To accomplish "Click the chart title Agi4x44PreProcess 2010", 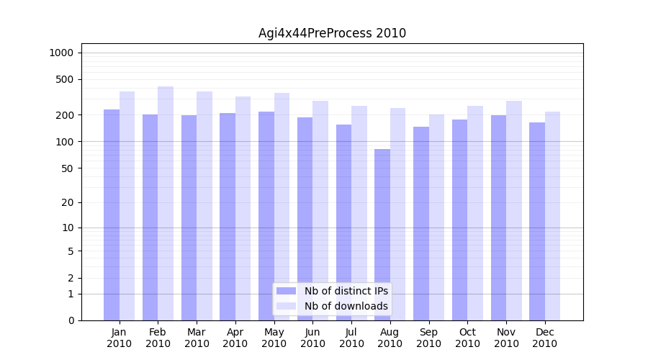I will point(332,33).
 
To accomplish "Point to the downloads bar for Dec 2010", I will point(553,216).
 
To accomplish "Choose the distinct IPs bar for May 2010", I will point(266,216).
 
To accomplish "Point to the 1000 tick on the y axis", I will point(62,53).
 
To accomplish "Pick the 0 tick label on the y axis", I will point(71,320).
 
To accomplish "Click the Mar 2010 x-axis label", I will point(197,338).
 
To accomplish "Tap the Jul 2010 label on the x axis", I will point(351,338).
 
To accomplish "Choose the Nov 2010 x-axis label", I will point(506,338).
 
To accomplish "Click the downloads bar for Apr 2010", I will point(243,209).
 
